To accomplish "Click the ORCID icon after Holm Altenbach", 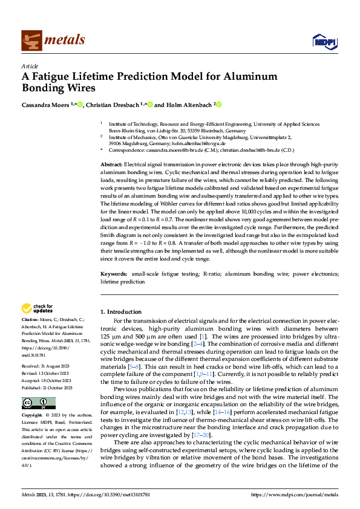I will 219,105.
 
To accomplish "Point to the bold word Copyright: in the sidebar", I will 33,417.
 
